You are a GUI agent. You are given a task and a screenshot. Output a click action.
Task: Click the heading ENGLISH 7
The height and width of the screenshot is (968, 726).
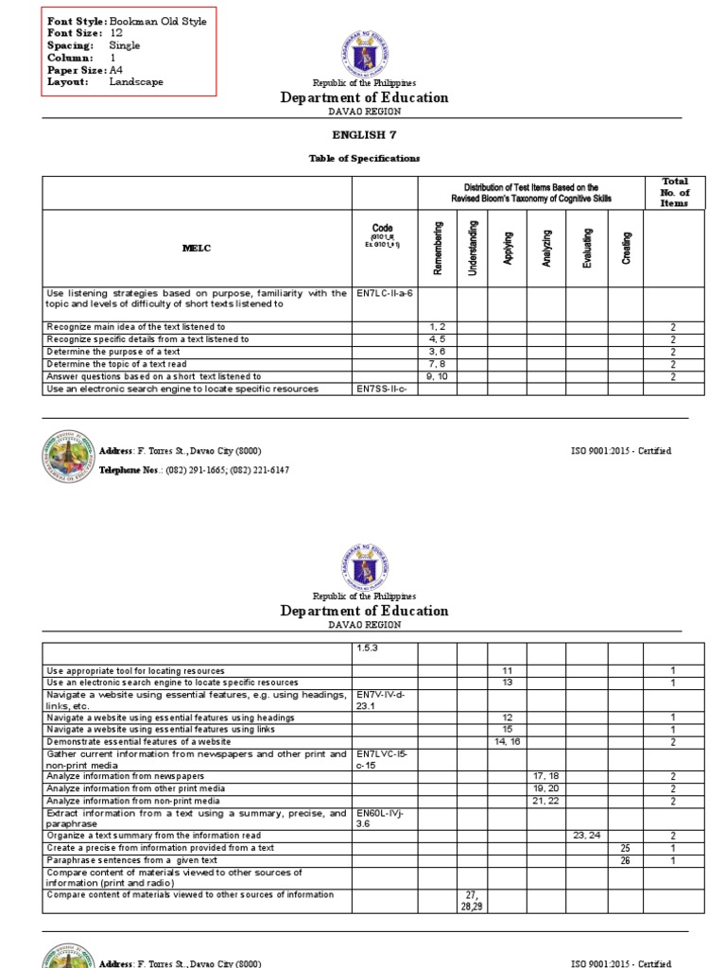pos(364,135)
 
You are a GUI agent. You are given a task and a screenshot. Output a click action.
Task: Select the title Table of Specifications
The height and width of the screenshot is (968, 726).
pos(364,158)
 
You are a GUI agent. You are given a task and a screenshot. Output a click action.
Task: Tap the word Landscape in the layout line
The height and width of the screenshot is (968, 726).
pos(136,81)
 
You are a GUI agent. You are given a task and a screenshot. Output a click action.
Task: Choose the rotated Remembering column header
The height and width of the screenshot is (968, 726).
pos(437,248)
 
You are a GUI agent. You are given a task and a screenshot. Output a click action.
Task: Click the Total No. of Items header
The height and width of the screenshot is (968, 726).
pos(674,192)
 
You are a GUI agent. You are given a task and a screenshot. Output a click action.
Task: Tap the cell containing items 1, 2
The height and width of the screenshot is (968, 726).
pos(437,326)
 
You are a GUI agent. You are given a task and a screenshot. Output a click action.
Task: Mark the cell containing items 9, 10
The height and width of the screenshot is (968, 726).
pos(437,375)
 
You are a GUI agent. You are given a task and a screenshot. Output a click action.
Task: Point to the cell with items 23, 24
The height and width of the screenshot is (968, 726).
pos(586,836)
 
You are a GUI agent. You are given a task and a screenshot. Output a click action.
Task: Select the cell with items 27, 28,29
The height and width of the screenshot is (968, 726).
pos(472,900)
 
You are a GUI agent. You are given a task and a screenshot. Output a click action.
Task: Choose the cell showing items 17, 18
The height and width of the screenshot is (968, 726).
pos(546,775)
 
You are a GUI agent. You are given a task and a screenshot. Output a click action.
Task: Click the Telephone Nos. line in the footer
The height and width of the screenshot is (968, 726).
pos(194,470)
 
